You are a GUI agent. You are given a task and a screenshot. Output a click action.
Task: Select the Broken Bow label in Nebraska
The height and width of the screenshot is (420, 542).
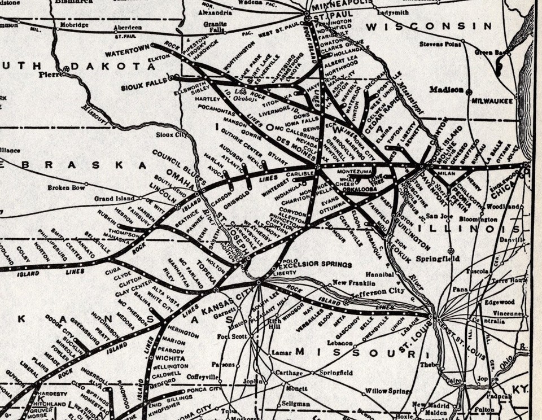pos(65,187)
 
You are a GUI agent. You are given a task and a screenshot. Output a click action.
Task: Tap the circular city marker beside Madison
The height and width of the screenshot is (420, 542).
pos(469,91)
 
